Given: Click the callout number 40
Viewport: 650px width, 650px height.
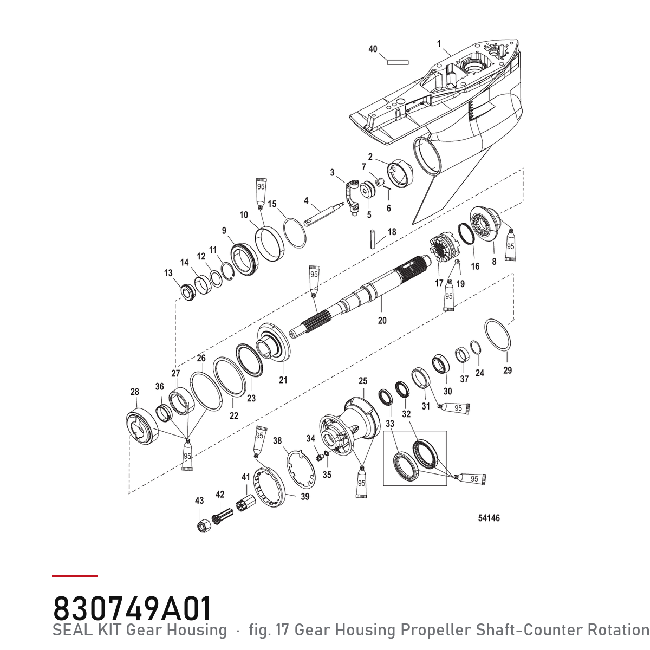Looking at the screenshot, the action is pos(372,49).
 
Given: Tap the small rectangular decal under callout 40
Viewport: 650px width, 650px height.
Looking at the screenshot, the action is pos(398,62).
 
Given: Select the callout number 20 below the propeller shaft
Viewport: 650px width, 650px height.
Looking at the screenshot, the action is pos(382,320).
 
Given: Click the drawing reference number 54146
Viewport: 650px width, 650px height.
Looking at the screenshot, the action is pos(489,518).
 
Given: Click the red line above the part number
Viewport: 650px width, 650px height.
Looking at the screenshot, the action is pos(75,575).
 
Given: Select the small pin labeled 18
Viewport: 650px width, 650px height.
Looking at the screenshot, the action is pos(373,239).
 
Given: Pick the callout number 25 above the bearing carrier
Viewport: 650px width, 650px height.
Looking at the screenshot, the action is pos(362,381).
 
